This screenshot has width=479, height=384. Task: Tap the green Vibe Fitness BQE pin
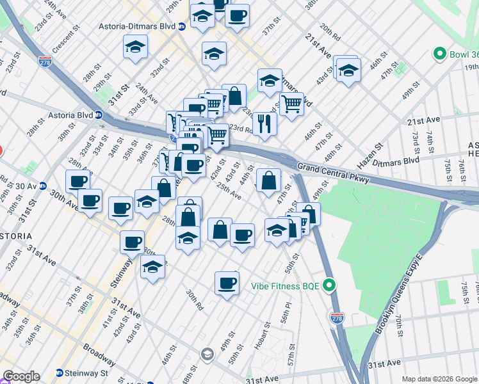[330, 285]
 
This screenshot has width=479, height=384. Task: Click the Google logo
[21, 376]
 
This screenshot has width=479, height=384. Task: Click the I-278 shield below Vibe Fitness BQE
[337, 317]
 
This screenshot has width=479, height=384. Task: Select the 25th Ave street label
[229, 190]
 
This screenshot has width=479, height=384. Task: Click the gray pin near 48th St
[207, 354]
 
